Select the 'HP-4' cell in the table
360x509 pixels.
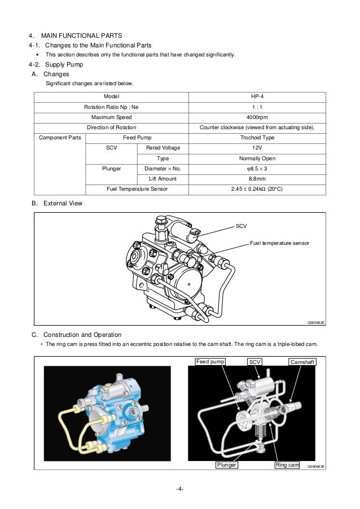coord(257,96)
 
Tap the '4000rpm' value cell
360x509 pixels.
coord(257,117)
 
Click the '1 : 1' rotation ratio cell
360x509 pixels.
coord(257,107)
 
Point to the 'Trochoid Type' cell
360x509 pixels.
coord(257,137)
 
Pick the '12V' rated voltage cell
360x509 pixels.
coord(257,148)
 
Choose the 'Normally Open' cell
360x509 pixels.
coord(257,158)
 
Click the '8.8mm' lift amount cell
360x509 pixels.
coord(257,178)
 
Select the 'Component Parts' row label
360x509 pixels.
coord(60,137)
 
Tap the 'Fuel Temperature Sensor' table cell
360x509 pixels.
coord(136,189)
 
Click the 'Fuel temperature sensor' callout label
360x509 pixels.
coord(279,243)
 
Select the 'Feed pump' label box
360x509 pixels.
coord(210,361)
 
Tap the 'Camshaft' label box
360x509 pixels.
coord(302,361)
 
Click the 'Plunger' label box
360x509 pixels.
coord(226,465)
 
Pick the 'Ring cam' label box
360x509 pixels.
coord(287,465)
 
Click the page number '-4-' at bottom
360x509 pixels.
coord(179,489)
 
